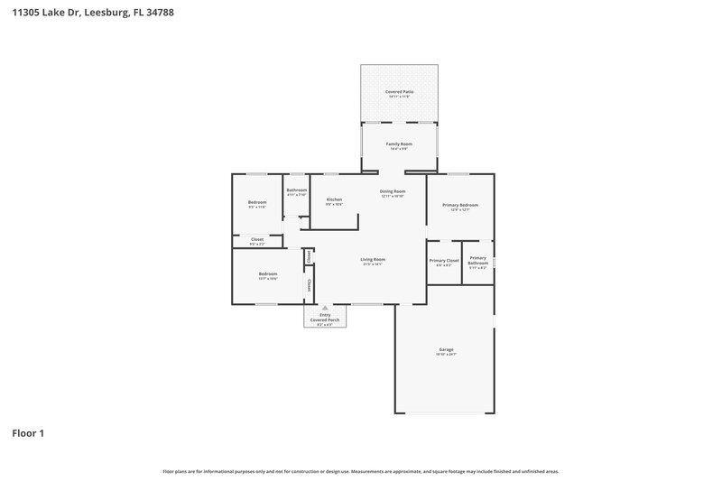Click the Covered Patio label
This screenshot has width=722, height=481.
click(x=399, y=91)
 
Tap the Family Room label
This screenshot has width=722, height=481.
click(x=399, y=143)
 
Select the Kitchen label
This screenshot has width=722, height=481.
click(x=334, y=199)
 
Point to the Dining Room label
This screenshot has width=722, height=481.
click(x=393, y=190)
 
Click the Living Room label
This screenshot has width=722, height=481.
click(x=373, y=259)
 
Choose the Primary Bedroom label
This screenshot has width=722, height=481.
click(x=460, y=205)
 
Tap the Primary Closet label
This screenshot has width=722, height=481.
click(x=444, y=260)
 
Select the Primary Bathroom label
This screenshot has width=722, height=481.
click(x=477, y=260)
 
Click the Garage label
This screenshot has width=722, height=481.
click(x=446, y=348)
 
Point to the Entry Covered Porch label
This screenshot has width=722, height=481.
click(x=325, y=317)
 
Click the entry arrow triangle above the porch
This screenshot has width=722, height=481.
click(x=325, y=307)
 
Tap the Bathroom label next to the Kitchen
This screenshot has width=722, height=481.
click(x=297, y=190)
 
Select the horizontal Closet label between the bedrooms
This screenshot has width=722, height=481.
click(x=257, y=239)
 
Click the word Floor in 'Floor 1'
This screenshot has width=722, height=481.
click(x=23, y=433)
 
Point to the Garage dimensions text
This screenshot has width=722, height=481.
click(x=446, y=354)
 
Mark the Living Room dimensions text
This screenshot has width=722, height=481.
click(x=373, y=264)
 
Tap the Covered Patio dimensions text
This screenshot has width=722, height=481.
click(x=399, y=96)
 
